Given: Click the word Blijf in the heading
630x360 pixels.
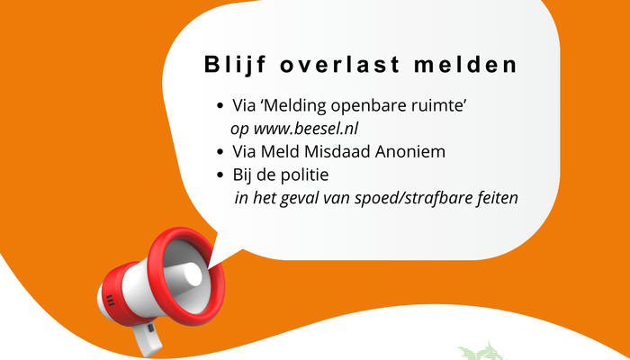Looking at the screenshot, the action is pos(235,65).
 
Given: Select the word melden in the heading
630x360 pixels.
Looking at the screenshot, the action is pos(465,64).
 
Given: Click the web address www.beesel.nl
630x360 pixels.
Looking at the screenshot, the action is pos(306,129).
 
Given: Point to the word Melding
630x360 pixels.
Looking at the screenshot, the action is pos(295,106).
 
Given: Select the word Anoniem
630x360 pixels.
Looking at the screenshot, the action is pos(410,152).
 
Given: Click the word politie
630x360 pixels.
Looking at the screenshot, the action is pos(305,175).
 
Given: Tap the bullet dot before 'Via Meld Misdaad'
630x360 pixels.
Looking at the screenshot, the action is pos(220,152).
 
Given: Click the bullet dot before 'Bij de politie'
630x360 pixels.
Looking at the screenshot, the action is pos(220,175).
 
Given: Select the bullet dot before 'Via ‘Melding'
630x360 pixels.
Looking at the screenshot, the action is pos(220,106).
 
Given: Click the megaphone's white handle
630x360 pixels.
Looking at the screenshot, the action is pos(148,337).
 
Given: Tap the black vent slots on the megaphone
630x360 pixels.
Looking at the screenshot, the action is pos(110,301).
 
